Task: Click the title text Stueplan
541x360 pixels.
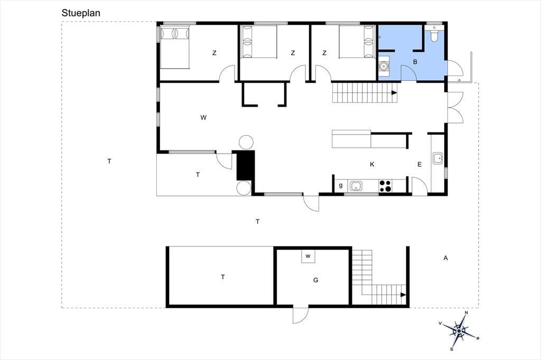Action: click(81, 13)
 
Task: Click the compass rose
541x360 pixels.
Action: click(459, 331)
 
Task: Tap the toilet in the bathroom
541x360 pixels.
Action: click(434, 35)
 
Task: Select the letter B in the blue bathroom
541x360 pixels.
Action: click(415, 62)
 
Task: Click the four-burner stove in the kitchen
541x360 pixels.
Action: click(386, 186)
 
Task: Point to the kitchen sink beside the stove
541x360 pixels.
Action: click(356, 186)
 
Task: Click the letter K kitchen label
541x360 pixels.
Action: click(372, 165)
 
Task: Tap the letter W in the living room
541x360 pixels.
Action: click(203, 118)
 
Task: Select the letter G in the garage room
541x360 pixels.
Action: click(316, 280)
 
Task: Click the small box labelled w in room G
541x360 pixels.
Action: click(308, 256)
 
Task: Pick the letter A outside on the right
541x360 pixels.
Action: click(446, 258)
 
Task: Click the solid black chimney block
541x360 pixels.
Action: click(246, 165)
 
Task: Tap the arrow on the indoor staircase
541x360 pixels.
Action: click(394, 93)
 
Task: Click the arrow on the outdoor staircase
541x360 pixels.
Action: click(403, 295)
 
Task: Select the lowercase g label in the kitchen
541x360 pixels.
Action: click(341, 185)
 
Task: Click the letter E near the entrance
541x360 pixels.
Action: click(419, 165)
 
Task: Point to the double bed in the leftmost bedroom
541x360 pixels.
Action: click(175, 47)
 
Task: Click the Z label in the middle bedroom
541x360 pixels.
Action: click(293, 53)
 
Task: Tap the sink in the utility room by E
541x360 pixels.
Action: click(438, 158)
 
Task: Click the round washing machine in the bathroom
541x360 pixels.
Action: click(384, 66)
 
